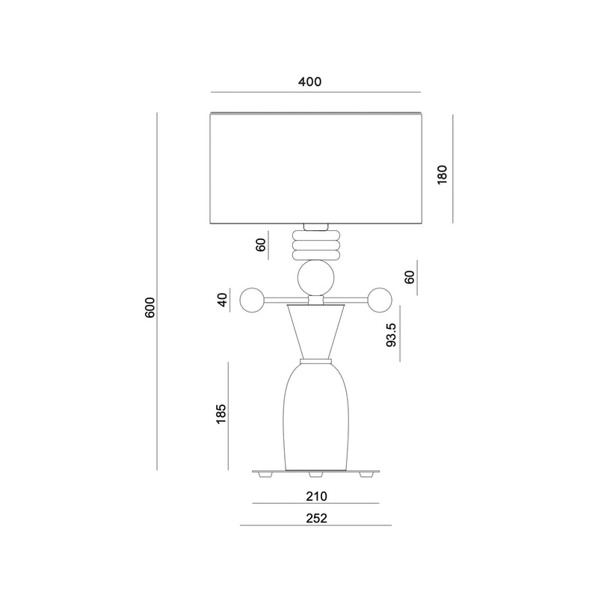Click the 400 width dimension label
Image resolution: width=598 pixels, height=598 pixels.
coord(309,81)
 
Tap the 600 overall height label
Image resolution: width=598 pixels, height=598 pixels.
coord(150,307)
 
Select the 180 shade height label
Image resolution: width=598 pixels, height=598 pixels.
coord(442,175)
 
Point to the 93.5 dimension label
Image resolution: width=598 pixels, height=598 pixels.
coord(392,334)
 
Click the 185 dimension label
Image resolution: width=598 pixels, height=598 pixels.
coord(221,413)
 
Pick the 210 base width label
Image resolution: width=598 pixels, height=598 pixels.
coord(316,496)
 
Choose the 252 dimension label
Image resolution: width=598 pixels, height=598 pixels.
coord(316,518)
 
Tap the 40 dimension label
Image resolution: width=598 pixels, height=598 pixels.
coord(223,300)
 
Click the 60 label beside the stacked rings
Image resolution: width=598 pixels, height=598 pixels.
coord(261,244)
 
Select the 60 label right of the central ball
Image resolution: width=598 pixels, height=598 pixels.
coord(409,277)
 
